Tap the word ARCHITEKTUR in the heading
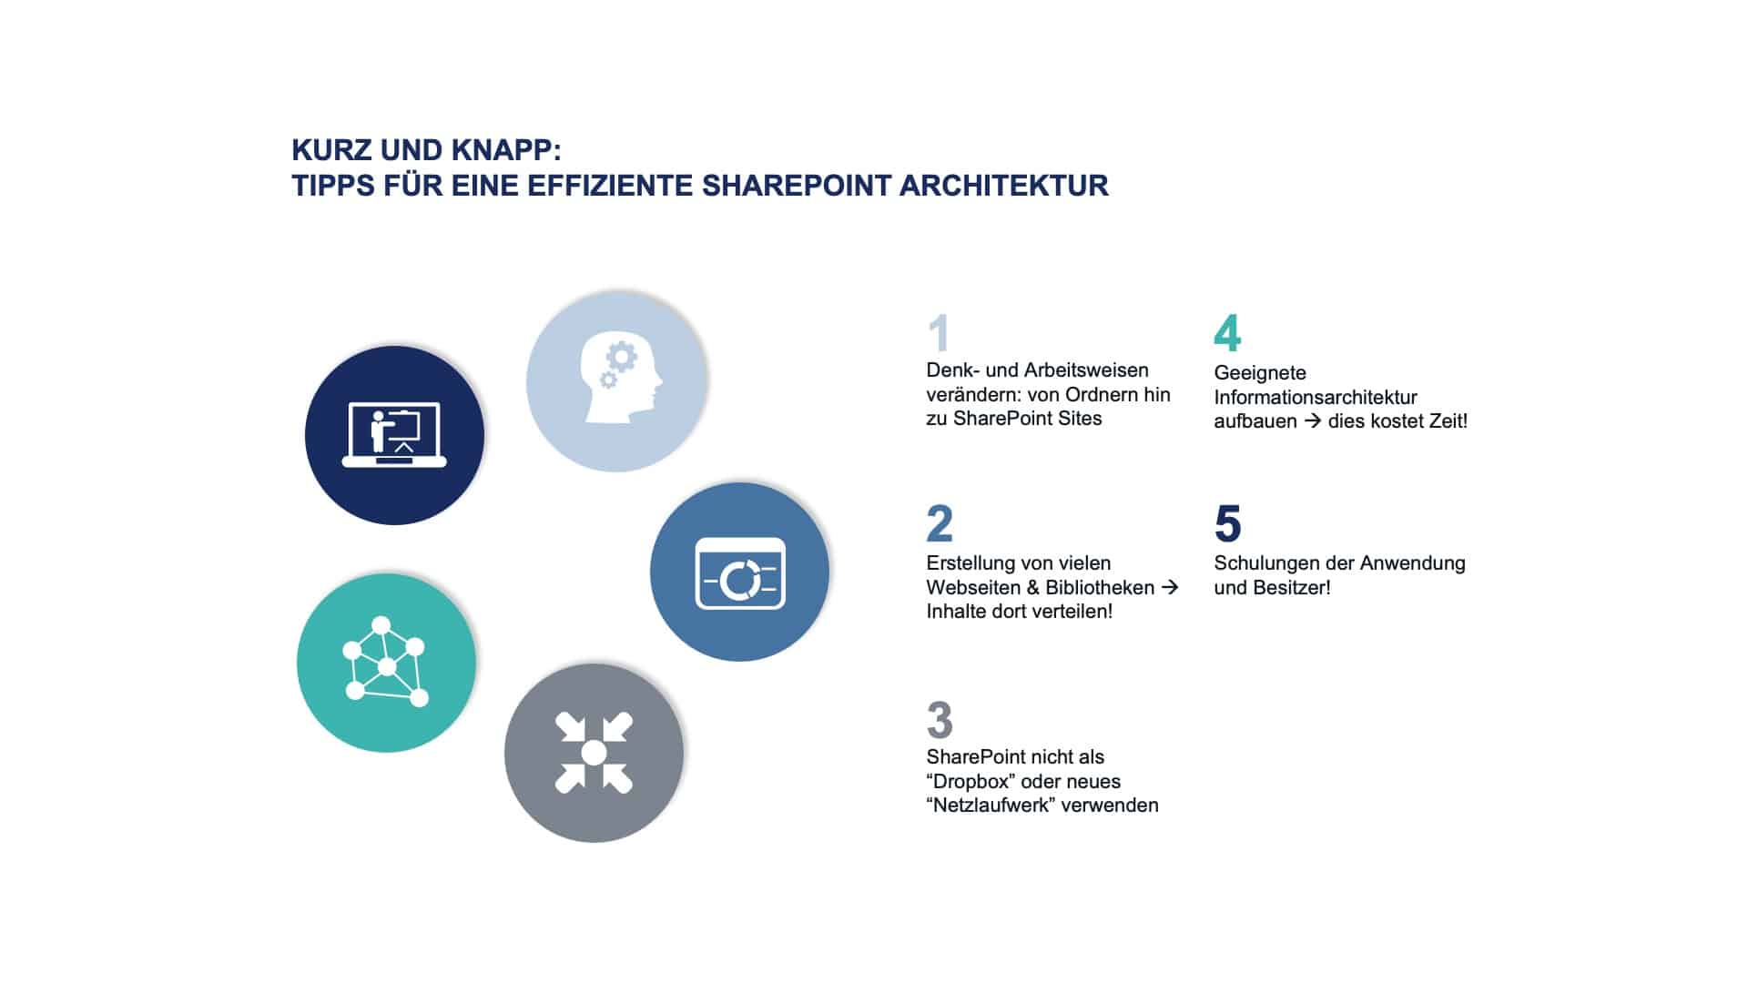[1003, 186]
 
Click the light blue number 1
[939, 333]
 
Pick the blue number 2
[940, 524]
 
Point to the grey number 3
[940, 720]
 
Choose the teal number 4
[1227, 334]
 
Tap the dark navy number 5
[1227, 524]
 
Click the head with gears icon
[618, 380]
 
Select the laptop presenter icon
[394, 435]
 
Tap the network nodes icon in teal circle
[385, 663]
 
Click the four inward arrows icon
[594, 753]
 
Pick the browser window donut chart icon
[739, 573]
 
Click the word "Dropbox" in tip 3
[971, 781]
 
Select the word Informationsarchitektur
[1316, 397]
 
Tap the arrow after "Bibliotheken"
[1170, 587]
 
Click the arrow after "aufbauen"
[1312, 421]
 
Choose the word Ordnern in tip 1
[1100, 394]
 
